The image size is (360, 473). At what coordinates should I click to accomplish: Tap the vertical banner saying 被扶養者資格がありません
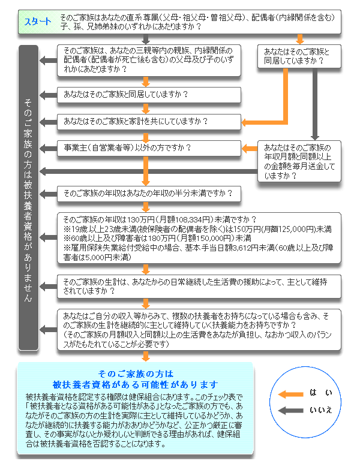tap(28, 198)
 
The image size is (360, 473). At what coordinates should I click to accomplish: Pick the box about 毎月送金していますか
tap(299, 162)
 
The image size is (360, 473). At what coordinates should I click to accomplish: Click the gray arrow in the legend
tap(291, 410)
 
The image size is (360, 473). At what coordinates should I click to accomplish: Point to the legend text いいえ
tap(321, 410)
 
